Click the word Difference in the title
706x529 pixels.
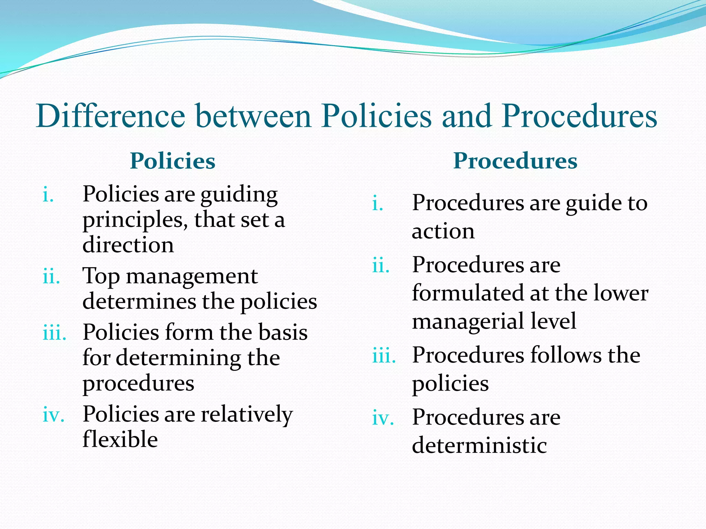[111, 116]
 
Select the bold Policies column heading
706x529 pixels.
[172, 161]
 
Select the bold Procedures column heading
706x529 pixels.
[515, 161]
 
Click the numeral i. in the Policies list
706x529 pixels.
[48, 195]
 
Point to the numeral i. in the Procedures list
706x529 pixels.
[378, 204]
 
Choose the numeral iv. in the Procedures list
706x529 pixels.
[383, 418]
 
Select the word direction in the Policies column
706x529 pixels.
[128, 245]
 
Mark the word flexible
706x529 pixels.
[120, 439]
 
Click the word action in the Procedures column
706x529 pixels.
[443, 231]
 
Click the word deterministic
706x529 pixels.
[479, 445]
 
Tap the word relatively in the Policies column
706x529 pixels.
[247, 414]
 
